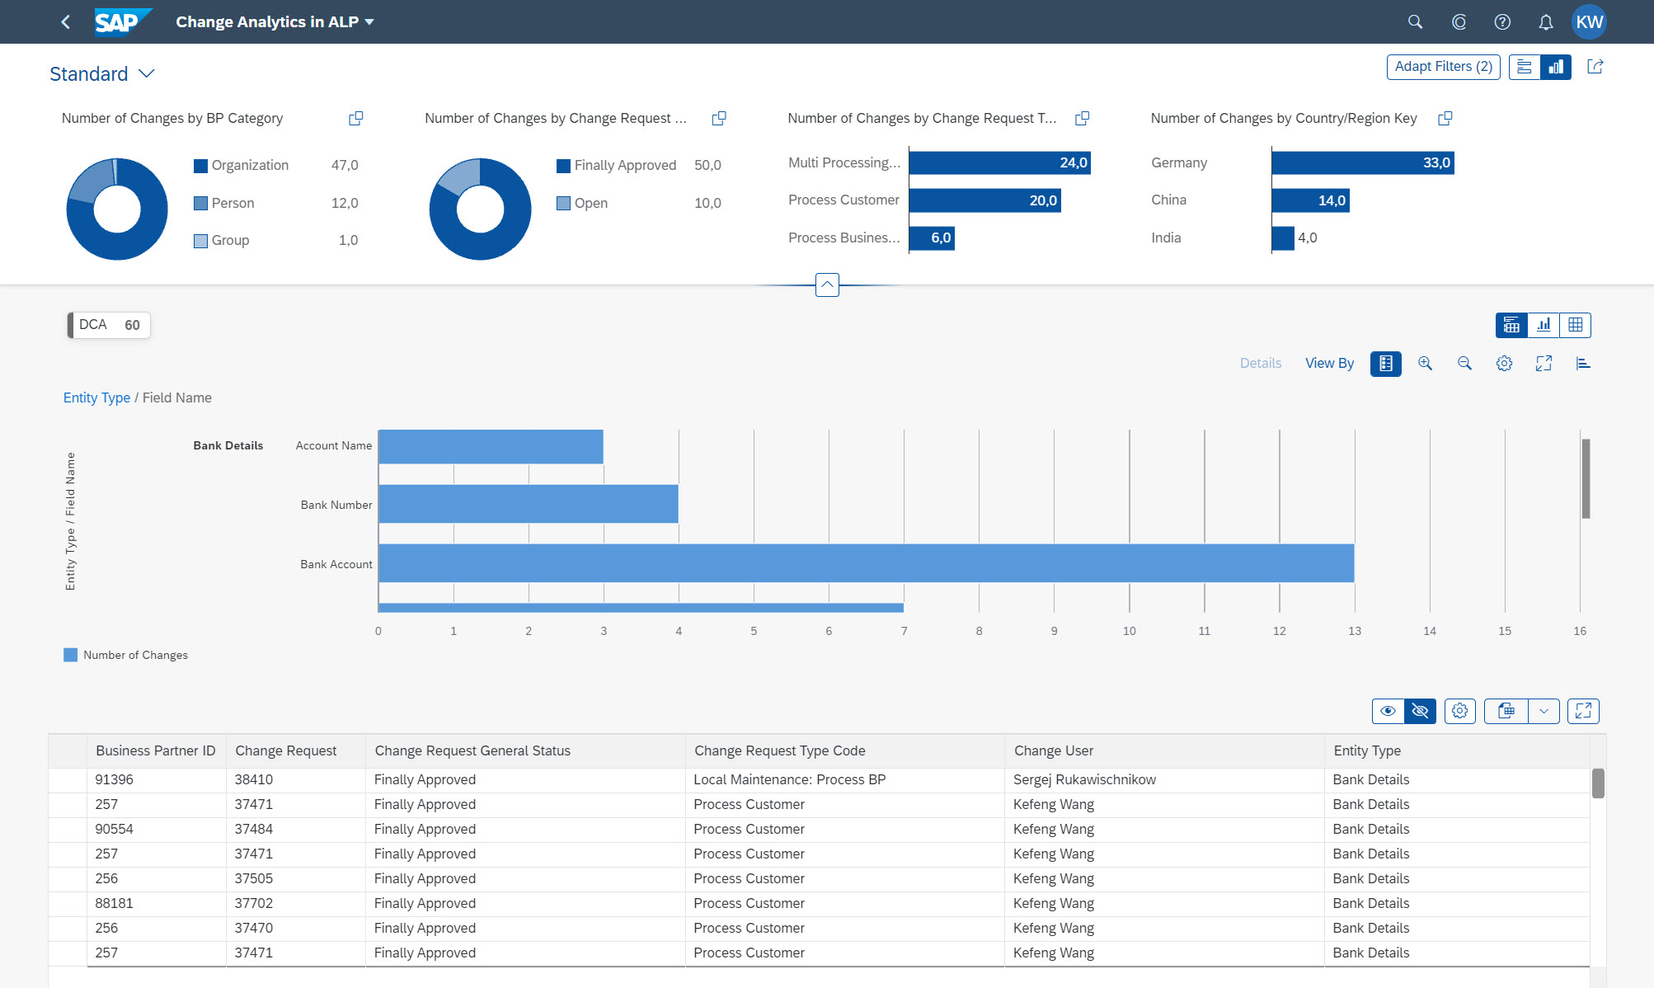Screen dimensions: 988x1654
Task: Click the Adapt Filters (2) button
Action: click(1443, 67)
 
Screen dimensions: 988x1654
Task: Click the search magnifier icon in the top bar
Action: click(1415, 22)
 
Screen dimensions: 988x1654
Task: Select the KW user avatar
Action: click(1588, 22)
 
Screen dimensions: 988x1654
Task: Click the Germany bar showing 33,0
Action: click(1362, 162)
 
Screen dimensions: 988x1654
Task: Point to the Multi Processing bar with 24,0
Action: click(999, 162)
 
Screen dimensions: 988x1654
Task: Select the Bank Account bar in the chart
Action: click(866, 563)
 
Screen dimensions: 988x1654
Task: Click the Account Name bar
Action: click(491, 446)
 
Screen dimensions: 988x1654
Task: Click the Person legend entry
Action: click(233, 203)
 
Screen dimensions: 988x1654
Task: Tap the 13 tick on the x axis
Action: click(1354, 631)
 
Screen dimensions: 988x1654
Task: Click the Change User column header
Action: click(1054, 750)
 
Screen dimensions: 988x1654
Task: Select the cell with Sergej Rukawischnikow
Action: click(1084, 779)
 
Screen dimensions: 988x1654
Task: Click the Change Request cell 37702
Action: click(253, 903)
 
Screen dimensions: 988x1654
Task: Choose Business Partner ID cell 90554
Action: click(114, 829)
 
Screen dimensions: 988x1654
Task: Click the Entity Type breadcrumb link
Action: click(96, 398)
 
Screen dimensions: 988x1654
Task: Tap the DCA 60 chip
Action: click(109, 325)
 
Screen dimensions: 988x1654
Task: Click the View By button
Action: click(1329, 363)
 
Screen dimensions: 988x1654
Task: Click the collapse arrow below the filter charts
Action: click(827, 285)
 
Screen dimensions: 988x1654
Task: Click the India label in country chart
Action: click(1166, 238)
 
